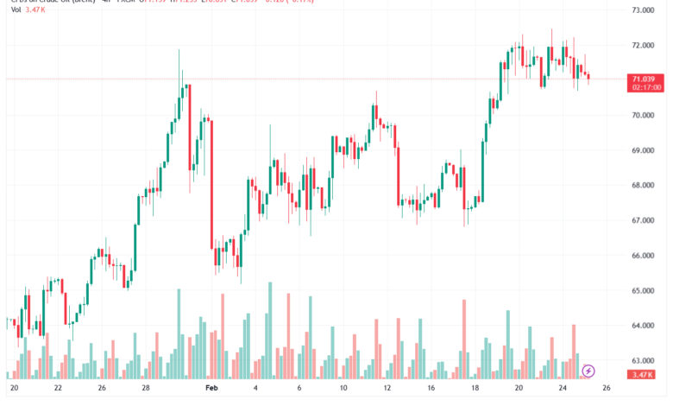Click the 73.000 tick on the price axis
[645, 10]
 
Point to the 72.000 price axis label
[645, 45]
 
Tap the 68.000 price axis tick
[645, 185]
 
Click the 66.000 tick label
[645, 256]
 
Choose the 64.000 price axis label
[645, 326]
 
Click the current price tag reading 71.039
[645, 79]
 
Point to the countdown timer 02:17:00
[646, 87]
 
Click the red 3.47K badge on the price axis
[645, 374]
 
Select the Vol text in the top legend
[16, 9]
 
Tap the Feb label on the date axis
[212, 389]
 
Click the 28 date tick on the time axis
[146, 389]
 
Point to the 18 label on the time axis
[474, 389]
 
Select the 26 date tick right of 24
[607, 389]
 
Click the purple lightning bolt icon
[588, 371]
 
